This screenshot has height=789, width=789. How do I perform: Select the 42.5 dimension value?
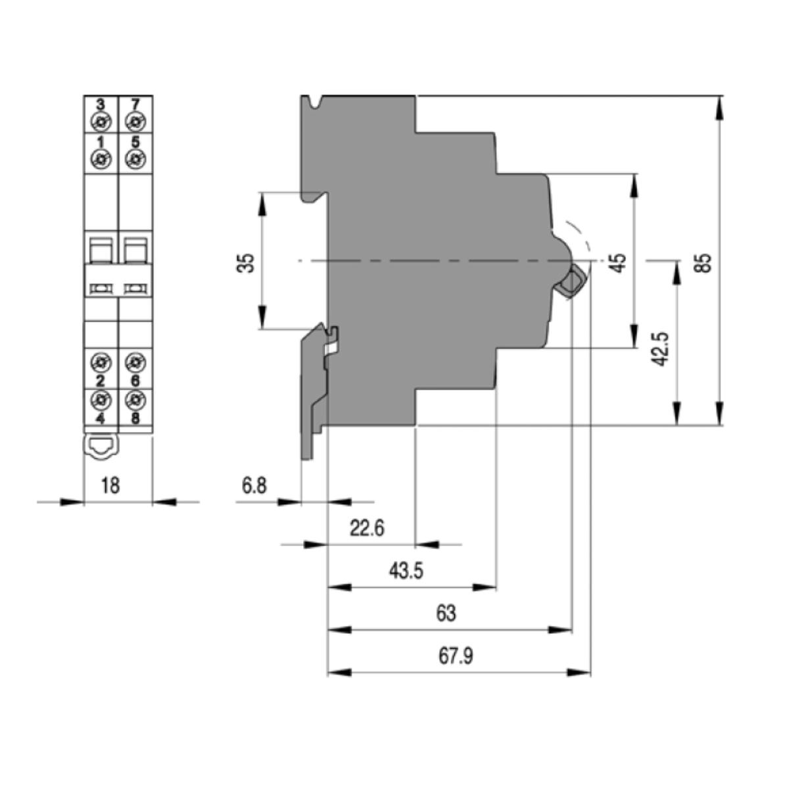[659, 349]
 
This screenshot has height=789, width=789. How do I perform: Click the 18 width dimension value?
[110, 486]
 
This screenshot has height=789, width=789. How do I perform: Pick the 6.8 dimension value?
[254, 486]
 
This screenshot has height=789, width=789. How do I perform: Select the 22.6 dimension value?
[367, 528]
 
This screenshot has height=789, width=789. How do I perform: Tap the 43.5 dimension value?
[406, 571]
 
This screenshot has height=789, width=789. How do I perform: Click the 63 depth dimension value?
[446, 613]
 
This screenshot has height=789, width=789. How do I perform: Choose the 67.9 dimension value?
[456, 656]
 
